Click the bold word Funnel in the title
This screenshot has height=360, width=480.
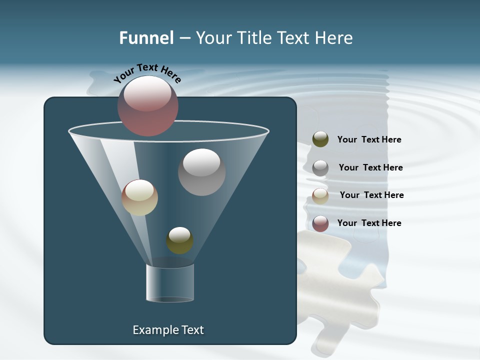coord(146,38)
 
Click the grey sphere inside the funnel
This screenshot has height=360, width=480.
coord(201,172)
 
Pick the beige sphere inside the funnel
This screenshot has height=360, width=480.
coord(139,197)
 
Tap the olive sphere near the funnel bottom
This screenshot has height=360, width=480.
coord(179,240)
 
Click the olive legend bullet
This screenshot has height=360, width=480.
coord(320,139)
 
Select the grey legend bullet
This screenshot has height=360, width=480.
coord(320,168)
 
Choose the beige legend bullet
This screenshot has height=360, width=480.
coord(320,196)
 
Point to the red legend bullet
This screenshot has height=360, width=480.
coord(320,223)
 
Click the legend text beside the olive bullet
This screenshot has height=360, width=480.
coord(369,140)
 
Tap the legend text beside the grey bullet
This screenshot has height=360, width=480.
coord(370,167)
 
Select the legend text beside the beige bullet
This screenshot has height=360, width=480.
coord(371,195)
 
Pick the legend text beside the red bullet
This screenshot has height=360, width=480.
coord(369,223)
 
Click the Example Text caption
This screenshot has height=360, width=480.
coord(168,330)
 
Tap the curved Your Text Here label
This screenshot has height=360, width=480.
coord(147,72)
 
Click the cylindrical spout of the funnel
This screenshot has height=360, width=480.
coord(170,283)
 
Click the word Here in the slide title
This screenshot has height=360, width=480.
coord(334,38)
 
